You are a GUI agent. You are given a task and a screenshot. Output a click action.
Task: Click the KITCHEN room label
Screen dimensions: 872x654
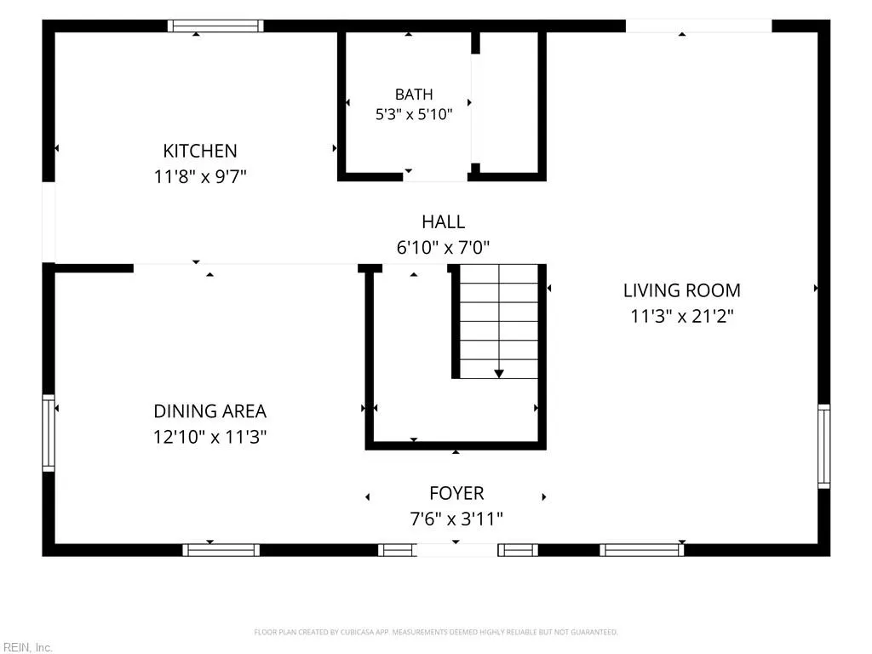200,151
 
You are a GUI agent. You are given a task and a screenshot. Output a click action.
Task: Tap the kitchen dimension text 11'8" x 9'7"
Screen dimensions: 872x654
200,177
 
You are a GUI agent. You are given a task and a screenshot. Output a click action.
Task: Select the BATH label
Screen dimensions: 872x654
414,95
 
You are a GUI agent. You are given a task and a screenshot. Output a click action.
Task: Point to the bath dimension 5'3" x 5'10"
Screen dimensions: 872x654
414,115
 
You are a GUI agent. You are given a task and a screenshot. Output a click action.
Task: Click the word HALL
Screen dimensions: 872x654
443,222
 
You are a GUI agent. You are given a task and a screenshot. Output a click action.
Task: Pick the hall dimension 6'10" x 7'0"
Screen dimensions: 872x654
443,248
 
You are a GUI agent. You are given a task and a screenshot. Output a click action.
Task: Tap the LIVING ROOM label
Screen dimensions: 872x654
682,290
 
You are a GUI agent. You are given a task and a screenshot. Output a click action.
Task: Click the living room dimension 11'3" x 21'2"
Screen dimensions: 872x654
682,317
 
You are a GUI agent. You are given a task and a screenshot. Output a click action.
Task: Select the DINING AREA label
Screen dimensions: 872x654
209,411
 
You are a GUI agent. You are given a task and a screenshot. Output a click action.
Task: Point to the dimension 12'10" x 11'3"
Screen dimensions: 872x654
209,437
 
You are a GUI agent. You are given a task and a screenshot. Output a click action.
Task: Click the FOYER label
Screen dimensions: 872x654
456,493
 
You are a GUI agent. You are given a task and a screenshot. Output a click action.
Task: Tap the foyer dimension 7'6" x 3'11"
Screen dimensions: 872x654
456,519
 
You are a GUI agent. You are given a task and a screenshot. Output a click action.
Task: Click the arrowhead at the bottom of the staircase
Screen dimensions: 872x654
499,374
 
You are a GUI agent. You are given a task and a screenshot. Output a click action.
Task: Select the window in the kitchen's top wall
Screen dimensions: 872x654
215,26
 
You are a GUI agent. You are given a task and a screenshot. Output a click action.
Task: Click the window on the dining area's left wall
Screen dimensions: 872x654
49,433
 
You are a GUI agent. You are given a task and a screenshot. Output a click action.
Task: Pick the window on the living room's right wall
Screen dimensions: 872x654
823,446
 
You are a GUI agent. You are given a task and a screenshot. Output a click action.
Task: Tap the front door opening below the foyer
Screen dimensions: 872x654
456,550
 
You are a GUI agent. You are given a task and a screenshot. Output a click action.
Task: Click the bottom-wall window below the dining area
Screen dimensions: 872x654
221,550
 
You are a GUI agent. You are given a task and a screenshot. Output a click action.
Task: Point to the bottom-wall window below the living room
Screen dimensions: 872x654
642,550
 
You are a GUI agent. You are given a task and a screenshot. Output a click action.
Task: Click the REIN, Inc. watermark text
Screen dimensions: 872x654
27,647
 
